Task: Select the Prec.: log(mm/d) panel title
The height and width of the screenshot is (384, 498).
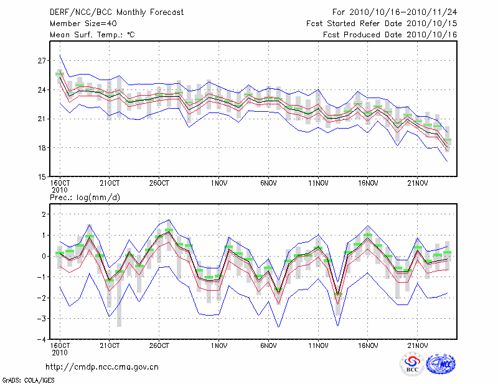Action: [x=84, y=197]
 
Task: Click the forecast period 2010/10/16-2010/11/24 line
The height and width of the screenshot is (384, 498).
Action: [x=395, y=12]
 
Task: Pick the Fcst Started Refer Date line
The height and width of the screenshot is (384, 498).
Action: [x=382, y=24]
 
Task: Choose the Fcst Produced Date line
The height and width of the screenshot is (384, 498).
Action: [x=390, y=35]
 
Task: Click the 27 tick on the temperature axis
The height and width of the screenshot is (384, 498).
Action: [x=42, y=61]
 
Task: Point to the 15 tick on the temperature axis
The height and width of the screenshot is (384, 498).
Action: [x=42, y=177]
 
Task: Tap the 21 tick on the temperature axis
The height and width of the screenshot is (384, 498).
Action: [x=42, y=119]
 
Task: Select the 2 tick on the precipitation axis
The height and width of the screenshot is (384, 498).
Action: [x=44, y=214]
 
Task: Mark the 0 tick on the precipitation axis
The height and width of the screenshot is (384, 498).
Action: [x=44, y=256]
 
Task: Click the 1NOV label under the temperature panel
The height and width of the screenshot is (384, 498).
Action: [x=218, y=184]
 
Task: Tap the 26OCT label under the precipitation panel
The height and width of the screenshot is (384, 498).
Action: [x=159, y=345]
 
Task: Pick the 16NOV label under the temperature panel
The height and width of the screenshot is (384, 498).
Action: [x=368, y=184]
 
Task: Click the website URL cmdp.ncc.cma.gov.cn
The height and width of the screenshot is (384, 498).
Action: [x=102, y=367]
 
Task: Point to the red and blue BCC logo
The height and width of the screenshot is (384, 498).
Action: [x=412, y=363]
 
